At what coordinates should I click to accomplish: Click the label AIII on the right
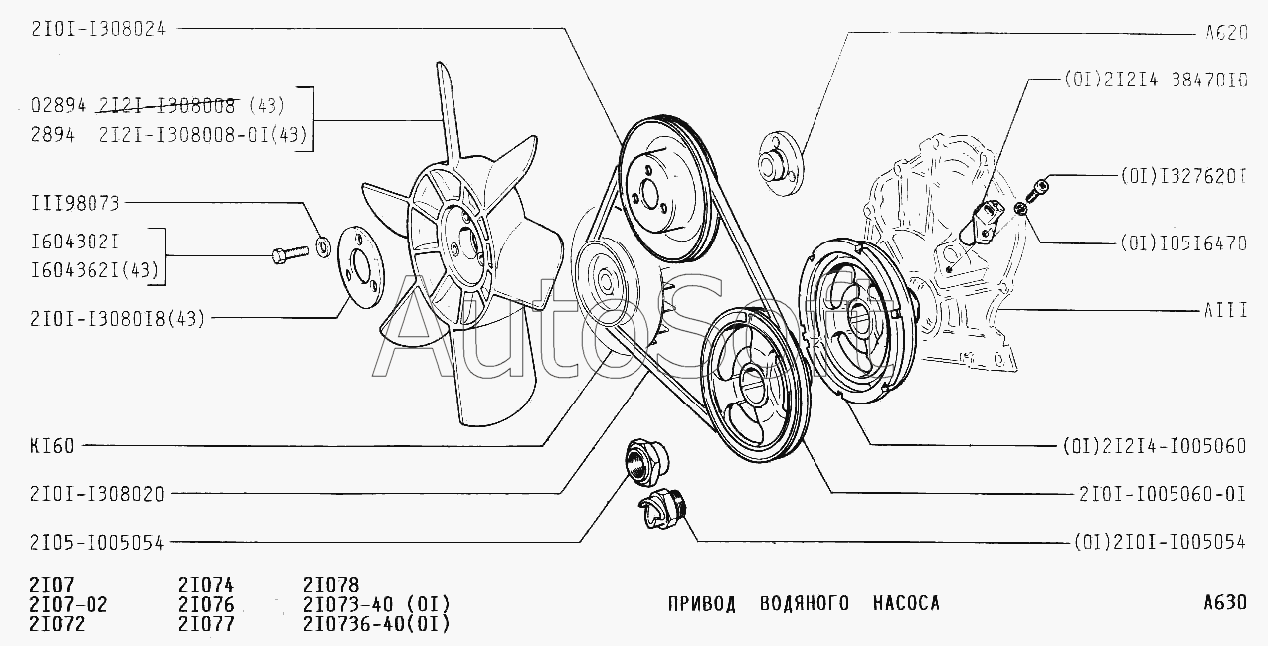1225,311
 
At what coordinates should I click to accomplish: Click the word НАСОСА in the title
906,603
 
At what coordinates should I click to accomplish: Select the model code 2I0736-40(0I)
377,624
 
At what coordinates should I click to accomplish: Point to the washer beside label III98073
323,244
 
